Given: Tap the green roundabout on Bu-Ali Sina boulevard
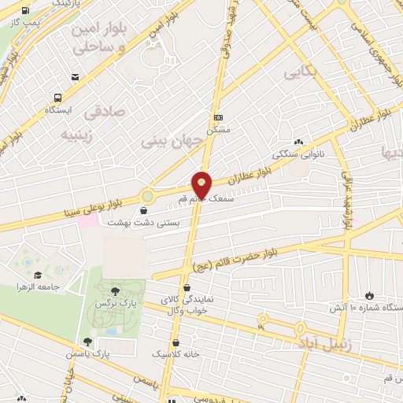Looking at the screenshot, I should [147, 195].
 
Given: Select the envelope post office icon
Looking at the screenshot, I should [76, 77].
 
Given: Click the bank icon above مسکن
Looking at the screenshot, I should [219, 117].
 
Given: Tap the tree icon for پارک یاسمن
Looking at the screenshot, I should [86, 342].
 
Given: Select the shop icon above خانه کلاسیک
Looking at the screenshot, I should [176, 343].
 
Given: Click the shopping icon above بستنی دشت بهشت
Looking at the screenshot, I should [143, 210].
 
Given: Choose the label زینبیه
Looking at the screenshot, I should [83, 135].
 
